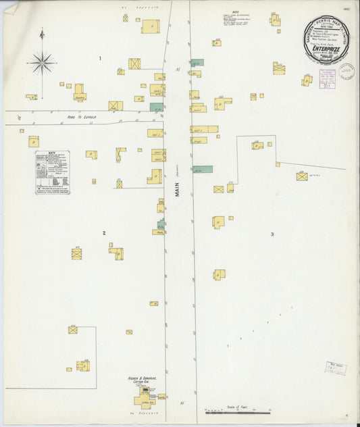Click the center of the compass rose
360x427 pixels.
click(x=42, y=62)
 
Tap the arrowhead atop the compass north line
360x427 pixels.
click(x=42, y=30)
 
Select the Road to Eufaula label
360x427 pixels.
click(x=82, y=117)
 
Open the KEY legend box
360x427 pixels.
click(x=53, y=172)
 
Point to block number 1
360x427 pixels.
click(x=100, y=59)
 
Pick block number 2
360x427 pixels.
click(x=104, y=233)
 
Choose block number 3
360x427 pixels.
click(x=272, y=234)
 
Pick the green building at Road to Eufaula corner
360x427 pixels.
click(x=157, y=107)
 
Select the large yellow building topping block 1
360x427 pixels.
click(x=150, y=26)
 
